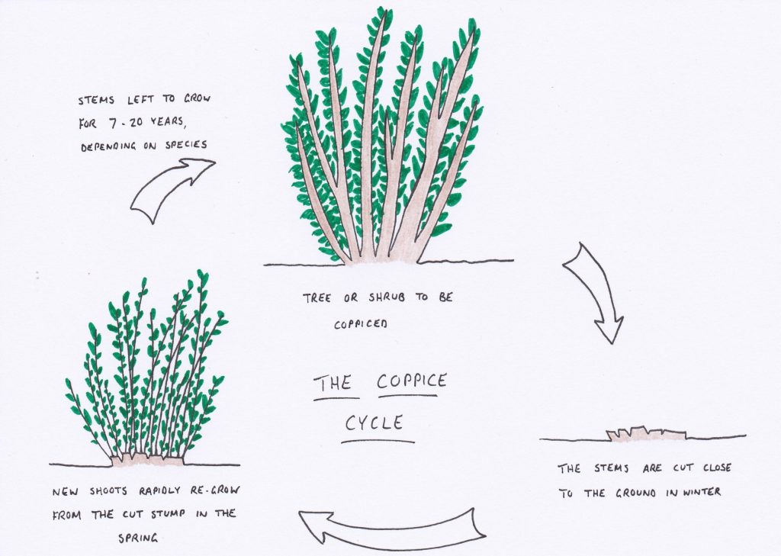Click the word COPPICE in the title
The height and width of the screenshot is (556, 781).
[x=412, y=381]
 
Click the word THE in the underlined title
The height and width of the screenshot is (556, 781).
[x=334, y=383]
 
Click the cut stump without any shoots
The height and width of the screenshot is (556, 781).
[x=645, y=435]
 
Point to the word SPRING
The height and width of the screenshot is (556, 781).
[x=138, y=538]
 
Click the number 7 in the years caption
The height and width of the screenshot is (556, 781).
[x=113, y=123]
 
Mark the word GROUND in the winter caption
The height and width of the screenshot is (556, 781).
[x=635, y=493]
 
